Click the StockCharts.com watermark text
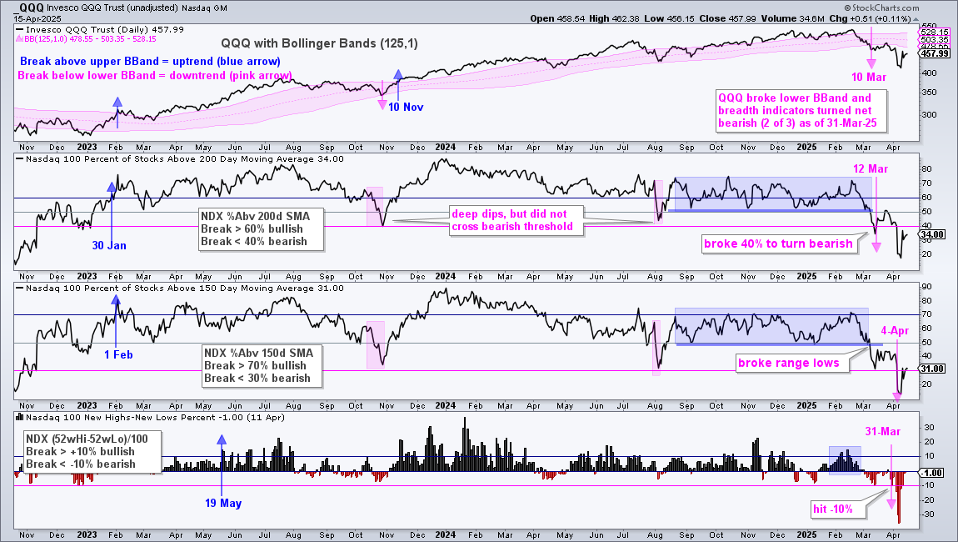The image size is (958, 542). click(x=881, y=8)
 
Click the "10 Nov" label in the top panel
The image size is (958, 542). click(x=406, y=107)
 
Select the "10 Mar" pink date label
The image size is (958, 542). click(x=869, y=77)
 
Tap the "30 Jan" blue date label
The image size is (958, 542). click(x=109, y=245)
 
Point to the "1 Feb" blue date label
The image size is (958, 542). click(x=118, y=355)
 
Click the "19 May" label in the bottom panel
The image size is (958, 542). click(x=223, y=503)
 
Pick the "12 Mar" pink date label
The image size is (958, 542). click(x=871, y=168)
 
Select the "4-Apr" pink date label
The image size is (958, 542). click(x=895, y=330)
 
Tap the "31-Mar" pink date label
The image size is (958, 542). click(x=883, y=431)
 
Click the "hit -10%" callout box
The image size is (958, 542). click(x=833, y=509)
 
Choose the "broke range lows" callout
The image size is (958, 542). click(x=789, y=363)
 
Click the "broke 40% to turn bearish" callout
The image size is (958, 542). click(x=778, y=243)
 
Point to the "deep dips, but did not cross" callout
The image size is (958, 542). click(x=512, y=220)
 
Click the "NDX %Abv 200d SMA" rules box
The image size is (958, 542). click(x=262, y=228)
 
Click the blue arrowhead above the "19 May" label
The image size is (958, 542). click(x=221, y=439)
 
